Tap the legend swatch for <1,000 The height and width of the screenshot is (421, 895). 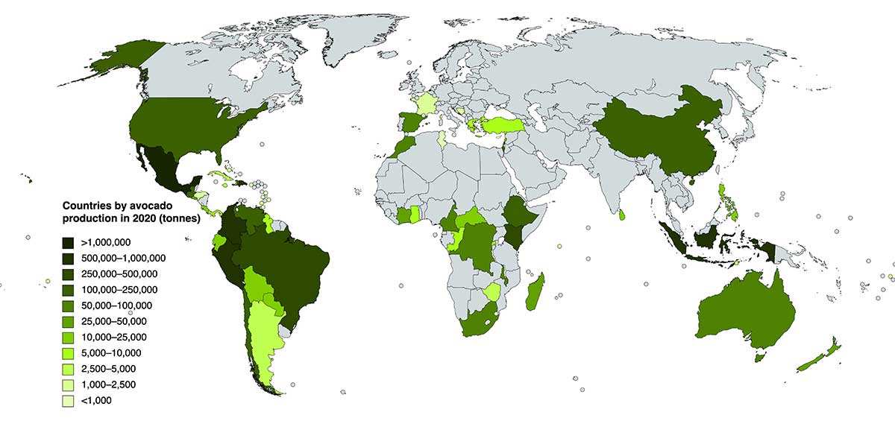(x=67, y=401)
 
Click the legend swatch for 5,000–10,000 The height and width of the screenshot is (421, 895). (x=67, y=353)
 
